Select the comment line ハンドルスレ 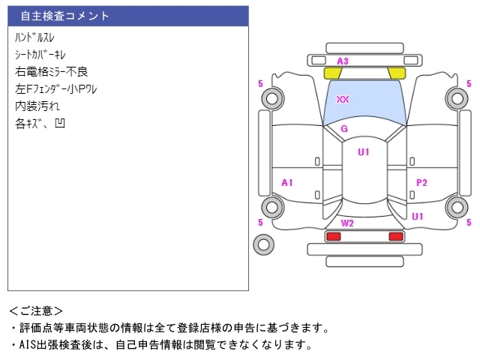pos(34,37)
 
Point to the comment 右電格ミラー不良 pos(52,71)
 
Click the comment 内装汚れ pos(37,106)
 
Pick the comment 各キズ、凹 pos(40,123)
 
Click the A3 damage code pos(343,61)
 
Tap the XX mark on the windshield pos(343,99)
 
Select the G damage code pos(344,129)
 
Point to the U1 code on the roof pos(364,152)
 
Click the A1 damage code pos(287,182)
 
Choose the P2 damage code pos(421,182)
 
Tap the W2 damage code pos(347,223)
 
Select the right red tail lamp pos(395,236)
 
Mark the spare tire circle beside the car pos(263,244)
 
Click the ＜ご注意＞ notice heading pos(36,310)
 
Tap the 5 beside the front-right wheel pos(469,83)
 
